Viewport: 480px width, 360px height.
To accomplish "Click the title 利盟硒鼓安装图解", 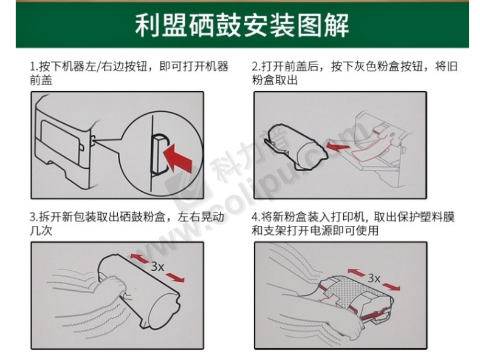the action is (x=242, y=25).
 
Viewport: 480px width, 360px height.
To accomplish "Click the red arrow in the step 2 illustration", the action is (x=337, y=146).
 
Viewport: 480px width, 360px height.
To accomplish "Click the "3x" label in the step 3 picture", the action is (x=157, y=267).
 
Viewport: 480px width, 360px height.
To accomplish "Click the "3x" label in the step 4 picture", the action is (x=374, y=278).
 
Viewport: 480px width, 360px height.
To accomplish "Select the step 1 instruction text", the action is (x=129, y=73).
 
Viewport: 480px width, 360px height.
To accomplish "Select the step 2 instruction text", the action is (x=354, y=73).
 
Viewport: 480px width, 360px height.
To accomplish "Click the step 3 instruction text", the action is (x=127, y=223).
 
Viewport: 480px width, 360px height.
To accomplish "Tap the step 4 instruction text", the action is (x=353, y=223).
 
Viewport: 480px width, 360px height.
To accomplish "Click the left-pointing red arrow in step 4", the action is (x=356, y=272).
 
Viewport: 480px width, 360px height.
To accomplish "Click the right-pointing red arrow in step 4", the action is (x=391, y=287).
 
